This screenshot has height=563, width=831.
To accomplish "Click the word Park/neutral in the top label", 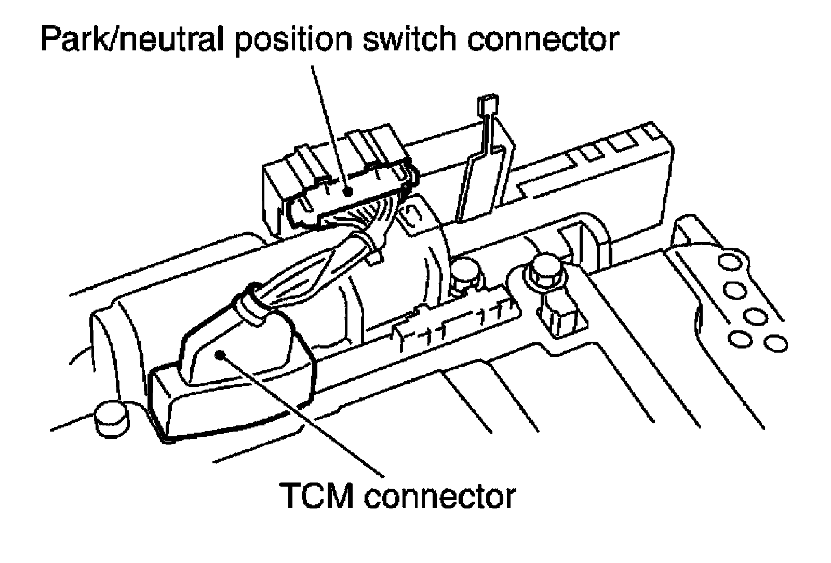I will coord(132,40).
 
